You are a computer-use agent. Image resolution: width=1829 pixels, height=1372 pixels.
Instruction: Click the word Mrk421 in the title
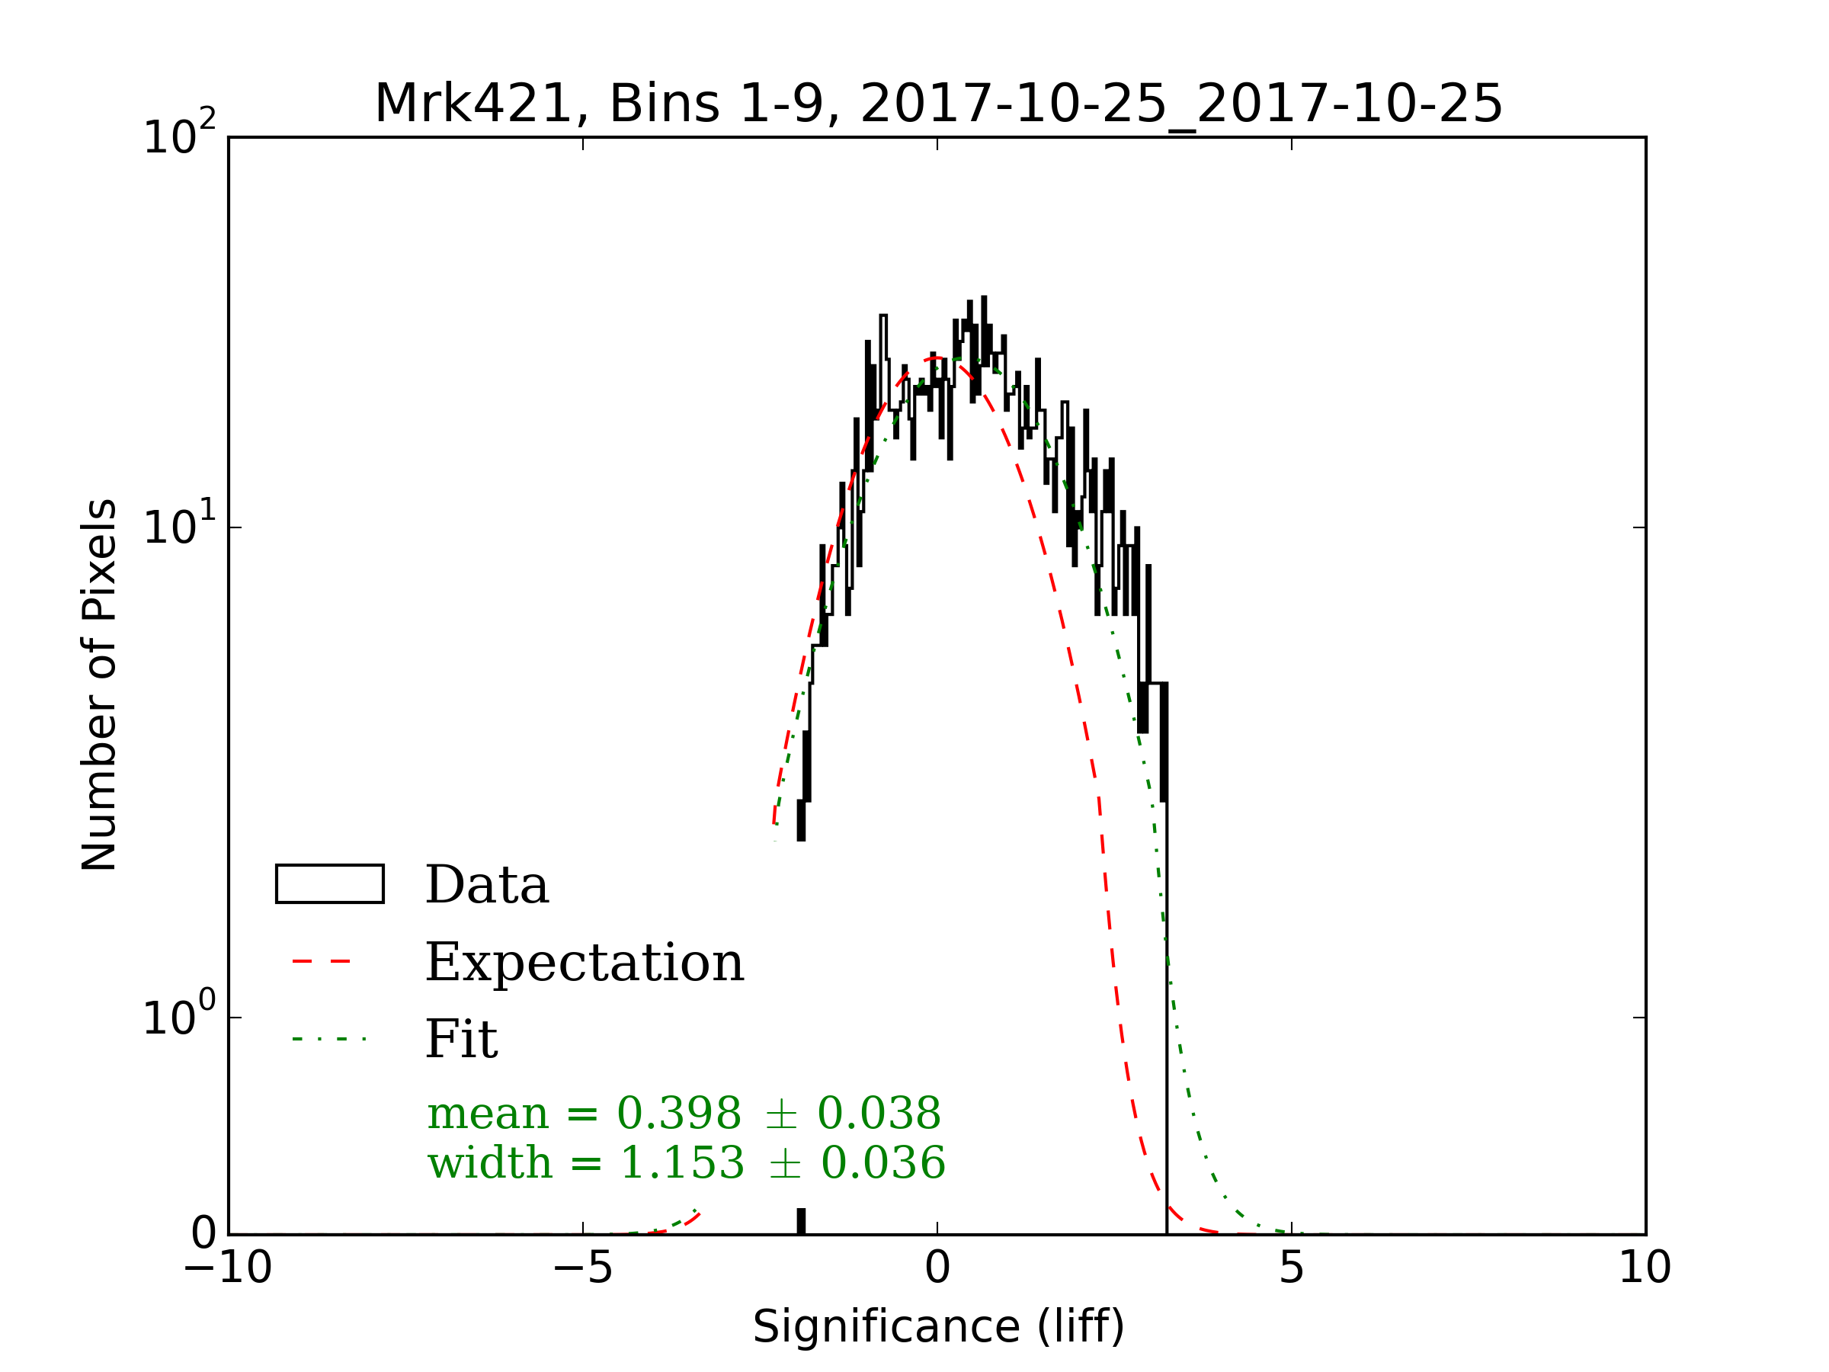pyautogui.click(x=473, y=104)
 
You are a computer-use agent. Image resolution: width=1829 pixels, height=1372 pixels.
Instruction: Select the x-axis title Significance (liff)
pyautogui.click(x=937, y=1327)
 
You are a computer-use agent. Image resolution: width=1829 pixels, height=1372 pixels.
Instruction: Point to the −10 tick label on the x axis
pyautogui.click(x=227, y=1267)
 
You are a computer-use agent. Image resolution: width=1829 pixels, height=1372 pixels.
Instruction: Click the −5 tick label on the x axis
pyautogui.click(x=582, y=1267)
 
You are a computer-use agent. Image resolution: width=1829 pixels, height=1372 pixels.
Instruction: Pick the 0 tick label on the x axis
pyautogui.click(x=937, y=1267)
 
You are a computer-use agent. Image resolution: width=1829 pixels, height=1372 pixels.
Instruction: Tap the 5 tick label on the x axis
pyautogui.click(x=1292, y=1267)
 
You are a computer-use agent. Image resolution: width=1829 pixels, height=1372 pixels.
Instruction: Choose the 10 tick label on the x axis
pyautogui.click(x=1645, y=1267)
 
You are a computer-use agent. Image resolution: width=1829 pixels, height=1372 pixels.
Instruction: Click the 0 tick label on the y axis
pyautogui.click(x=203, y=1234)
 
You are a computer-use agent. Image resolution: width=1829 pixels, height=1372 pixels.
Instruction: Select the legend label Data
pyautogui.click(x=486, y=886)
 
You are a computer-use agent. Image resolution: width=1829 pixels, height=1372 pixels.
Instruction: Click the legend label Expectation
pyautogui.click(x=584, y=963)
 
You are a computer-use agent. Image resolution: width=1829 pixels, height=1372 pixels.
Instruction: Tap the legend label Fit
pyautogui.click(x=460, y=1040)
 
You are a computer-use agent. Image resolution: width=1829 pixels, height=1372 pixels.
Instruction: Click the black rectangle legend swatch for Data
pyautogui.click(x=329, y=884)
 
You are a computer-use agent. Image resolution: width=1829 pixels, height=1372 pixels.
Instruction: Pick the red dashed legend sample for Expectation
pyautogui.click(x=322, y=962)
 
